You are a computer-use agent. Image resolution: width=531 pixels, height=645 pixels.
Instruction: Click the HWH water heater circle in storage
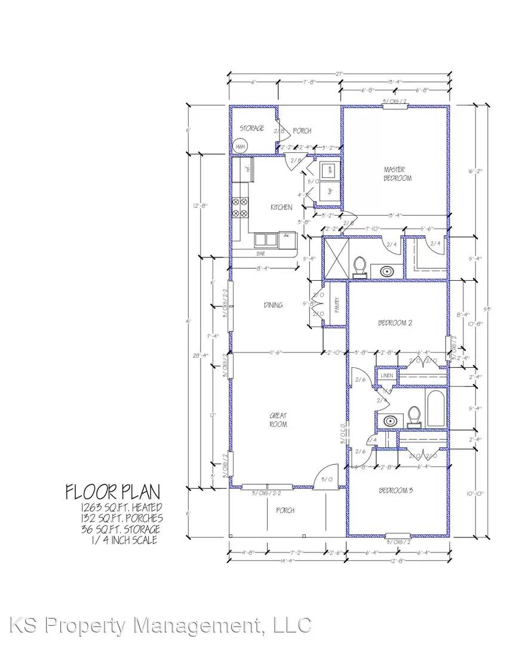point(240,147)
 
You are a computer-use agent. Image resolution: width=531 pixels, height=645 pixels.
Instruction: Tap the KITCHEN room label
point(281,207)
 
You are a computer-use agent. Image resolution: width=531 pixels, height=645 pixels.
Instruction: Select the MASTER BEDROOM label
point(398,174)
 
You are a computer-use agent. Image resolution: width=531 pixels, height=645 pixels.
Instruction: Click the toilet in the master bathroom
point(360,267)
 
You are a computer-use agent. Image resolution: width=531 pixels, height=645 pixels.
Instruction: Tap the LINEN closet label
point(386,376)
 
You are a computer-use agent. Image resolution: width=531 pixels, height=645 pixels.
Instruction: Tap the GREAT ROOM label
point(278,420)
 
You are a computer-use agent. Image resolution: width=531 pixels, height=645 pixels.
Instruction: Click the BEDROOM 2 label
point(395,323)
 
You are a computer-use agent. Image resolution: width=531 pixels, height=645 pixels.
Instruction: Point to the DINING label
point(273,305)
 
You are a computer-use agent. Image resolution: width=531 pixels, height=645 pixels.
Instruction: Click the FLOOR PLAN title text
point(113,492)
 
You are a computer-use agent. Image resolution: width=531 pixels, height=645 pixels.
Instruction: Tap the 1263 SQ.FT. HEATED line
point(122,508)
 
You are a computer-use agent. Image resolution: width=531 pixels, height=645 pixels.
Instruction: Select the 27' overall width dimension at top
point(339,74)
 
